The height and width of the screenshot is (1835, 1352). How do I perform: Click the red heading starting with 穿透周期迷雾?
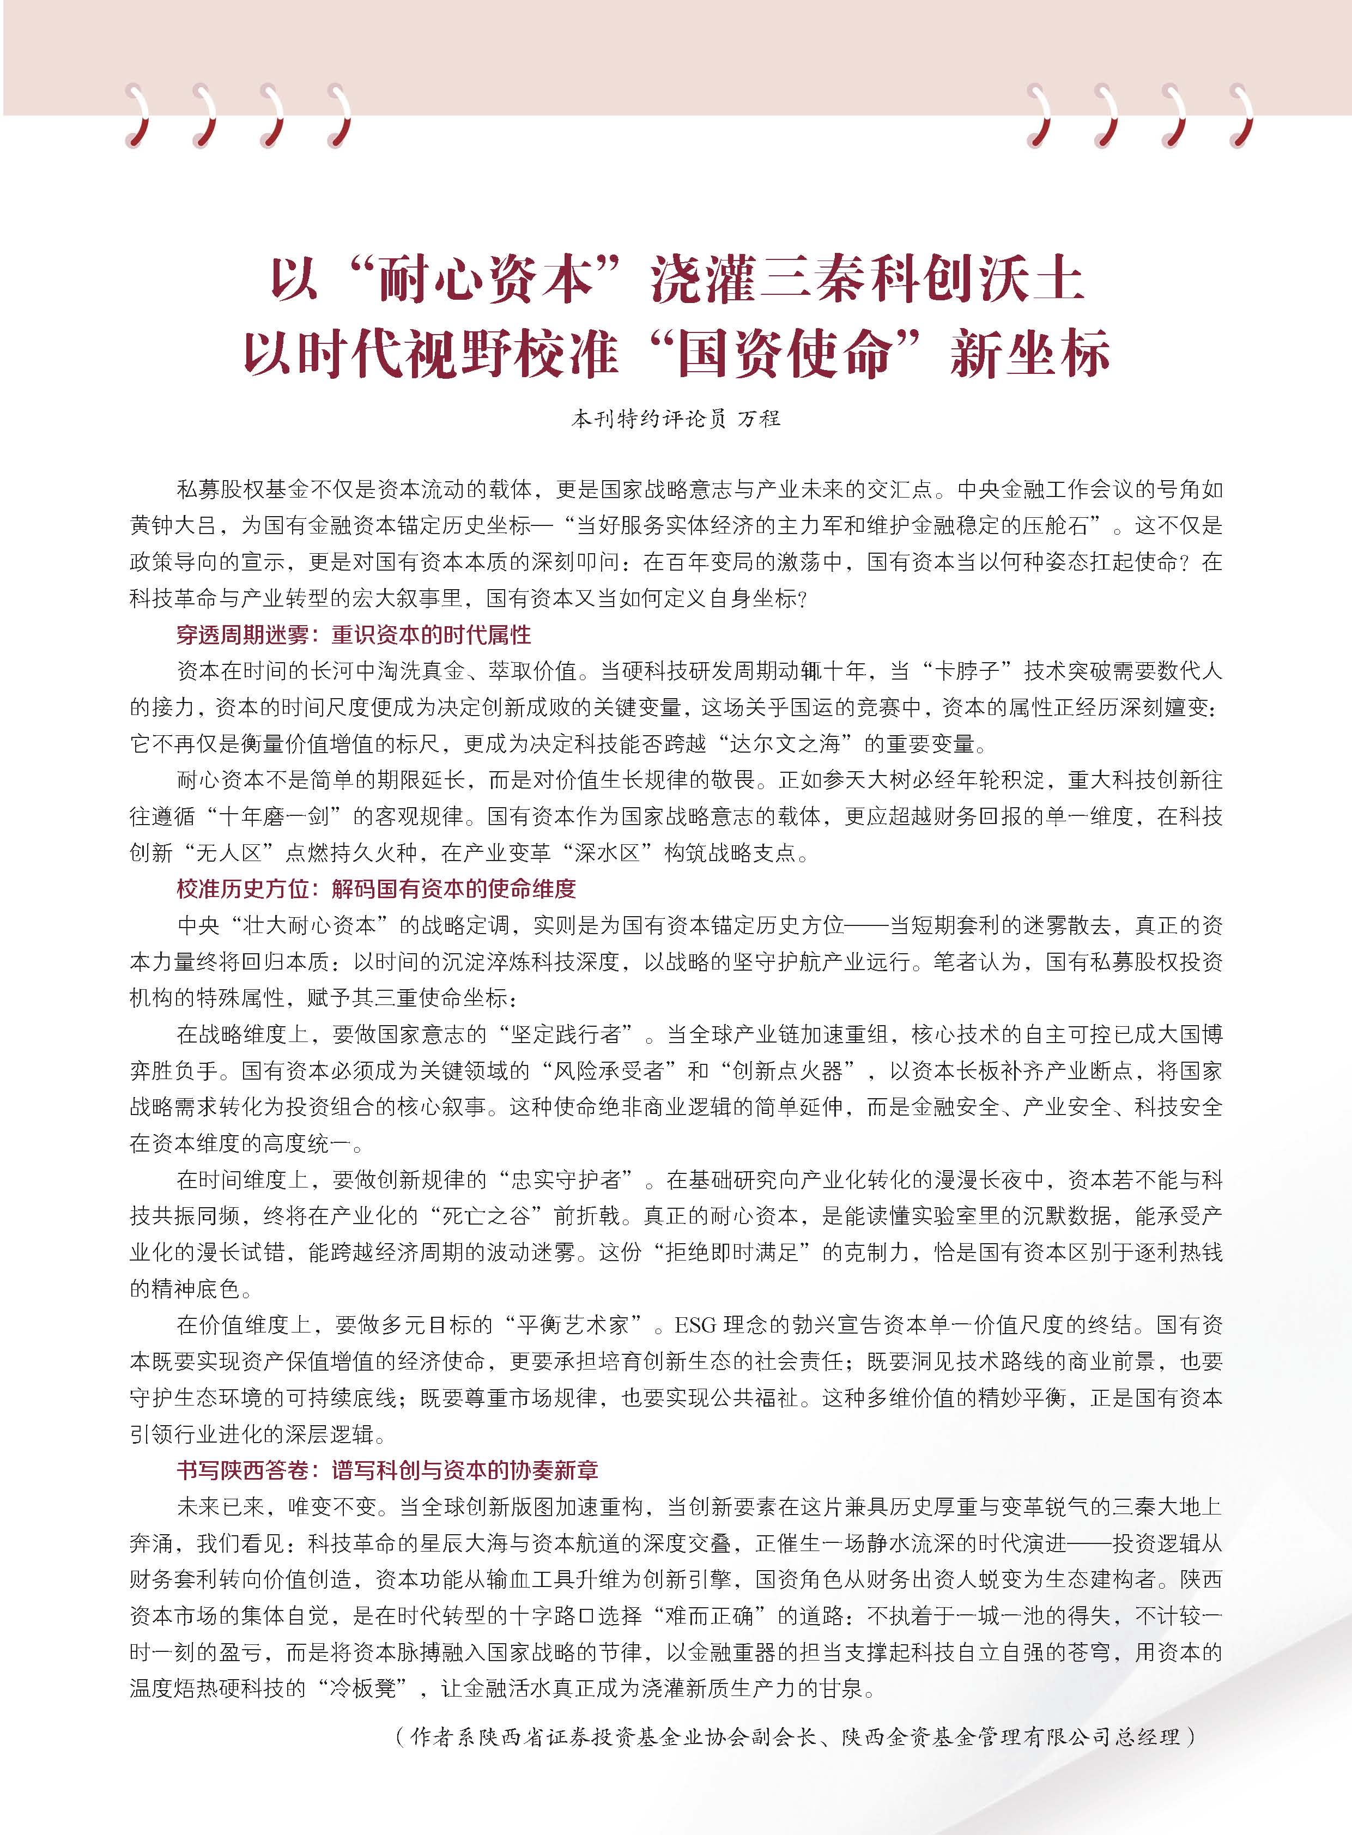354,634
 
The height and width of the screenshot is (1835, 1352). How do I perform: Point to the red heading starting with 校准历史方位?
377,889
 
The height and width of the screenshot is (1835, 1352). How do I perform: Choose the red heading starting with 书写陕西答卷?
387,1470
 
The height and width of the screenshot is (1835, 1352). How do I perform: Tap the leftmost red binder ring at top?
141,116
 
